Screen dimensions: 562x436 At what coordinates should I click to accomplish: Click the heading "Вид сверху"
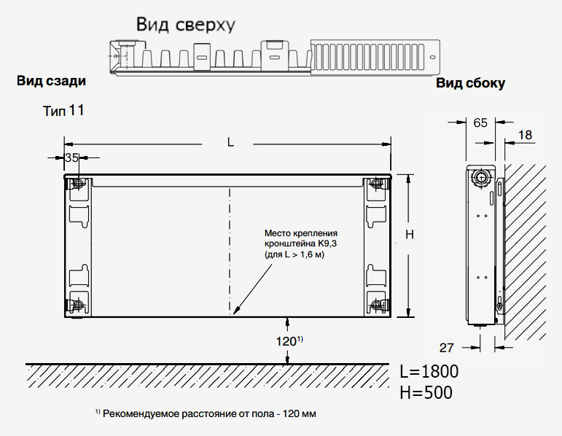pyautogui.click(x=186, y=25)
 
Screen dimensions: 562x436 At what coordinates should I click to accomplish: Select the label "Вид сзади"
pyautogui.click(x=51, y=81)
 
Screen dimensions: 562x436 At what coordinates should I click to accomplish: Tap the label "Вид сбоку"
pyautogui.click(x=471, y=83)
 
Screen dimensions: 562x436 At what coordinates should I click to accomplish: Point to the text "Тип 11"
pyautogui.click(x=63, y=110)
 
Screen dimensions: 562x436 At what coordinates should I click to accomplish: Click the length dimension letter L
pyautogui.click(x=230, y=142)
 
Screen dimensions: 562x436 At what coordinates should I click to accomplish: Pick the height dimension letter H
pyautogui.click(x=410, y=235)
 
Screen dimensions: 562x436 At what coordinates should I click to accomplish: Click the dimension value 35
pyautogui.click(x=72, y=157)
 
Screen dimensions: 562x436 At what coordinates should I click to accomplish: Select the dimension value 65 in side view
pyautogui.click(x=480, y=123)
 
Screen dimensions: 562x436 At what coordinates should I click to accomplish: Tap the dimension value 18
pyautogui.click(x=525, y=135)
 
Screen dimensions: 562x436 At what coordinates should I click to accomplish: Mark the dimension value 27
pyautogui.click(x=446, y=348)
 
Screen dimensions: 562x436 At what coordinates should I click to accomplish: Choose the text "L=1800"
pyautogui.click(x=429, y=371)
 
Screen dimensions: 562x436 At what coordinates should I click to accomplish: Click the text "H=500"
pyautogui.click(x=426, y=392)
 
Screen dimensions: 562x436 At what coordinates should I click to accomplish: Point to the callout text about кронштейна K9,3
pyautogui.click(x=301, y=244)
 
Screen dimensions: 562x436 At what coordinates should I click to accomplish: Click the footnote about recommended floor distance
pyautogui.click(x=206, y=414)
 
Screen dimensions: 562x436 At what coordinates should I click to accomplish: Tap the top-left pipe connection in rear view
pyautogui.click(x=78, y=184)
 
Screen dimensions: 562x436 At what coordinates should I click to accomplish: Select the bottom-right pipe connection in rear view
pyautogui.click(x=376, y=305)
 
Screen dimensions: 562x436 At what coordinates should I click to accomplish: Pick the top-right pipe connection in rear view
pyautogui.click(x=376, y=184)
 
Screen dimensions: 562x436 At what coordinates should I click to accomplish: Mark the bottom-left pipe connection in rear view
pyautogui.click(x=78, y=305)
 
